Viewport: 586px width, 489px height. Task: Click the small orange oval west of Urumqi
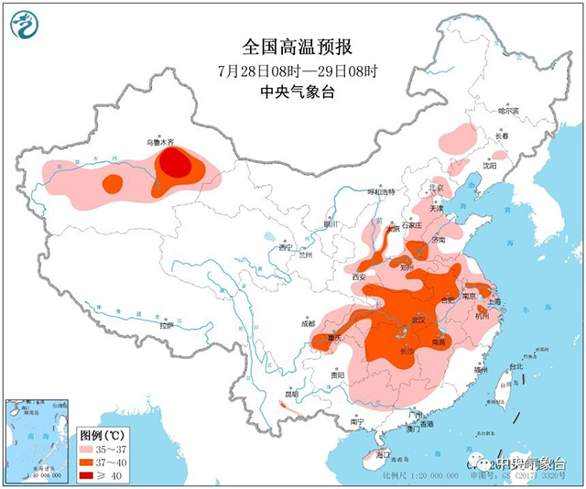(x=112, y=183)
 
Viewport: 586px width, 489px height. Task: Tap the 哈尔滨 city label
(x=507, y=111)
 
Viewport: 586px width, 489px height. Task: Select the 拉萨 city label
(x=166, y=325)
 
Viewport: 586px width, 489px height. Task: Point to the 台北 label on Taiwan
(x=515, y=367)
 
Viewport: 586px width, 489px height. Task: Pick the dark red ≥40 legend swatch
(x=92, y=475)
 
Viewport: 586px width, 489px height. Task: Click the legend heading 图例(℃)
(x=101, y=435)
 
